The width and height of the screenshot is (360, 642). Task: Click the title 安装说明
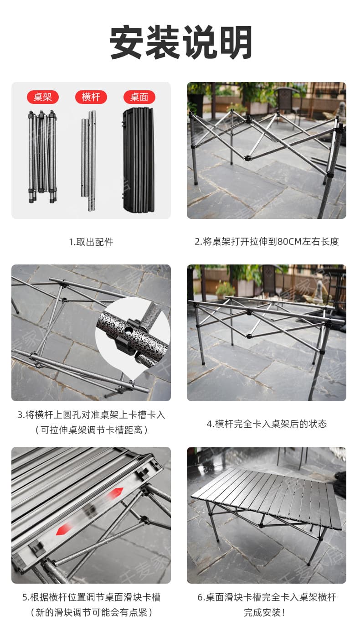[x=180, y=42]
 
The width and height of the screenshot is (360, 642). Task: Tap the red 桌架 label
[x=43, y=97]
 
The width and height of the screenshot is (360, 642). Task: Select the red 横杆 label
[x=91, y=97]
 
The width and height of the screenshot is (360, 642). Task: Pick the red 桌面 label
[x=139, y=97]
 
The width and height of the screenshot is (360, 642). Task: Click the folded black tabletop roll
[x=139, y=160]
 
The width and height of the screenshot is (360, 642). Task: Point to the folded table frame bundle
[x=42, y=157]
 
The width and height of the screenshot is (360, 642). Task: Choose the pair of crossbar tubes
[x=88, y=160]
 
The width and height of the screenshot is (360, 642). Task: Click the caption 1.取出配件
[x=91, y=242]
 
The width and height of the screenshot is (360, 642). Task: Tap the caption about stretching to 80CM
[x=267, y=242]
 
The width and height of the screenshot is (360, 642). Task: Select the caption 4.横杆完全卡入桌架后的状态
[x=267, y=424]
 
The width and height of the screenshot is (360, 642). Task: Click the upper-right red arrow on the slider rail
[x=116, y=493]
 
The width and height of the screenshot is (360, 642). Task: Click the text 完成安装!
[x=264, y=612]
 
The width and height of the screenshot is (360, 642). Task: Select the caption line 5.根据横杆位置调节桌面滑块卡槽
[x=91, y=597]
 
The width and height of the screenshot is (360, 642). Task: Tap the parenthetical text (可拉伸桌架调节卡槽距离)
[x=91, y=430]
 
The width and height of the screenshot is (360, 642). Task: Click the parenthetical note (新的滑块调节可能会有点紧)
[x=91, y=612]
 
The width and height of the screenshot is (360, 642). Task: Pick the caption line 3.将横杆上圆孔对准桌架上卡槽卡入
[x=91, y=415]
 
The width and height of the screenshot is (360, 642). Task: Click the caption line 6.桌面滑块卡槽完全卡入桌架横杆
[x=267, y=597]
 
